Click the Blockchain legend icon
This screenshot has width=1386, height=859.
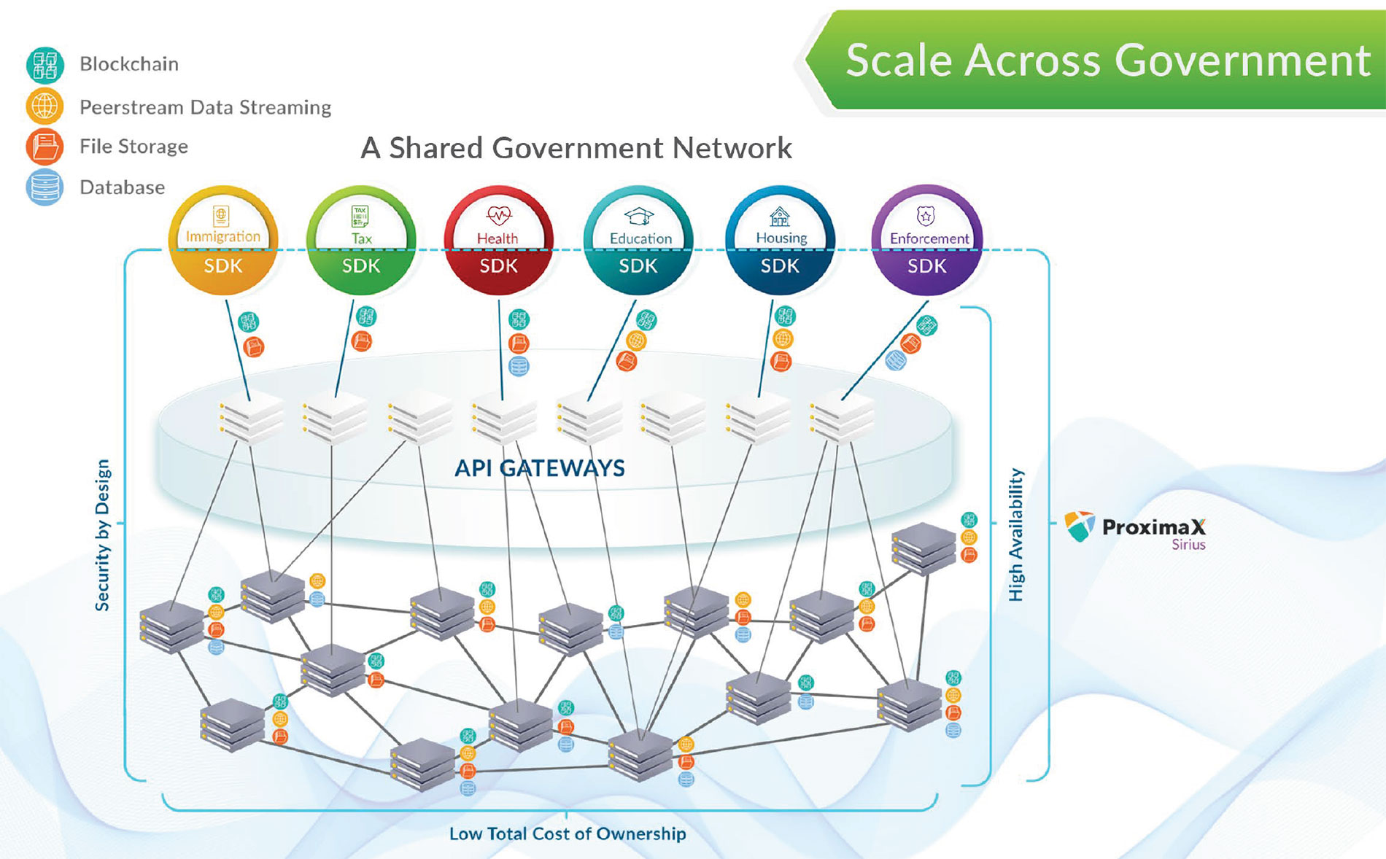[x=44, y=65]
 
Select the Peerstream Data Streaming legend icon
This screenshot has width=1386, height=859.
[x=44, y=106]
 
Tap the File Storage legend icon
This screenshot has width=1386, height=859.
[x=44, y=147]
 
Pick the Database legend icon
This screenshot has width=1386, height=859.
[x=44, y=187]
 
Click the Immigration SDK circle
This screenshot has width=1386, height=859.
[x=222, y=241]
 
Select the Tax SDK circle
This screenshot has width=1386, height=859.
[x=361, y=241]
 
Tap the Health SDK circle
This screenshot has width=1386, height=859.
[x=498, y=241]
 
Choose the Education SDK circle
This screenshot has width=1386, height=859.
[x=638, y=241]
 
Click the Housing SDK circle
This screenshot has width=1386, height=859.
[x=780, y=241]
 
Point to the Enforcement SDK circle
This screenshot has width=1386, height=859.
[x=926, y=241]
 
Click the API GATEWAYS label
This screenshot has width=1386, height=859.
[x=540, y=468]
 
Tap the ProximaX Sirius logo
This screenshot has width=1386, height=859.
[x=1135, y=528]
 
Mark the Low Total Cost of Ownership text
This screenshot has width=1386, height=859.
[x=568, y=833]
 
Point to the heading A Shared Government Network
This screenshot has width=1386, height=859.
[x=576, y=148]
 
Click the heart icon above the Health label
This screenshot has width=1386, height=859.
[x=499, y=215]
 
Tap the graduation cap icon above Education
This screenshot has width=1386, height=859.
[x=639, y=216]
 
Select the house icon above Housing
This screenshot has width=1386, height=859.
[x=780, y=217]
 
